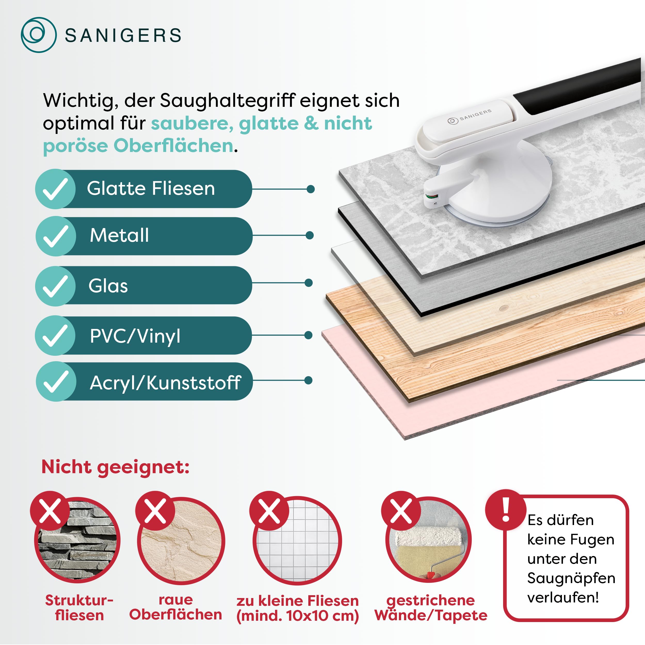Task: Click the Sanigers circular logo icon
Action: click(x=38, y=35)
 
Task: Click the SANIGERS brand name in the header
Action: click(x=123, y=35)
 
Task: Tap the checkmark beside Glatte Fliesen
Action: click(x=55, y=189)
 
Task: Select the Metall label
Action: click(x=119, y=235)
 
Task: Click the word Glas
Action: click(x=108, y=286)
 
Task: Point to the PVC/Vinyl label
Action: click(x=135, y=336)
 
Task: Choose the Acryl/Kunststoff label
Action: click(x=165, y=383)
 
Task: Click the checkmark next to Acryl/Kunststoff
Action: click(x=56, y=382)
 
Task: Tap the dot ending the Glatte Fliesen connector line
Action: click(x=310, y=189)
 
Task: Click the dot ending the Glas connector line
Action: click(x=309, y=283)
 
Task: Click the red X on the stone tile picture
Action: click(x=50, y=511)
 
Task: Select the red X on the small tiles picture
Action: click(x=269, y=511)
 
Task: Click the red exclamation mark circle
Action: click(x=506, y=510)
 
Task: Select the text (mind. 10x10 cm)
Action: click(x=297, y=616)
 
